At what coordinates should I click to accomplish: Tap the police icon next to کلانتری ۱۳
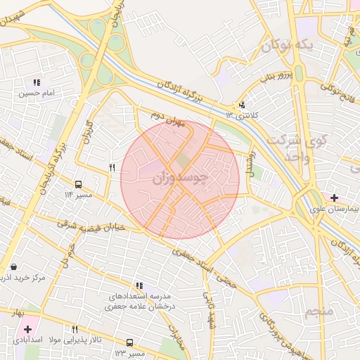(x=242, y=105)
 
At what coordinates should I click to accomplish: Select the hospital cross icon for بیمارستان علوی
(x=333, y=198)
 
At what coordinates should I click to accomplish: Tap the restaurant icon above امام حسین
(x=36, y=82)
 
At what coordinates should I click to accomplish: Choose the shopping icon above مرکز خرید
(x=14, y=267)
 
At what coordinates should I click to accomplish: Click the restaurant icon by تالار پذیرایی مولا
(x=75, y=329)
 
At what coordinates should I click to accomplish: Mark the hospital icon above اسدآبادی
(x=27, y=329)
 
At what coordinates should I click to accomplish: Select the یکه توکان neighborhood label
(x=286, y=46)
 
